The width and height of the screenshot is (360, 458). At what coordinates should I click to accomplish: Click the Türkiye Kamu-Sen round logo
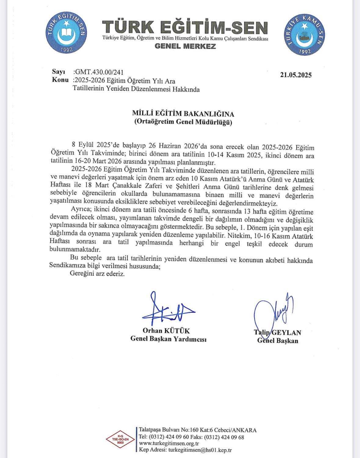point(304,34)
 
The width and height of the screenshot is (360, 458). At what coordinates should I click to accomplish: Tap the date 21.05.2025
point(296,75)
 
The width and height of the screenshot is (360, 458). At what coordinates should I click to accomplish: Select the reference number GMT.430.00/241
point(99,72)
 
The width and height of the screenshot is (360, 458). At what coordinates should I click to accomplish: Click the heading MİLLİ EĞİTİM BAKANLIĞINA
point(183,114)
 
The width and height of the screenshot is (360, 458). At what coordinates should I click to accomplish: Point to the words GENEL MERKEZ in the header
point(185,46)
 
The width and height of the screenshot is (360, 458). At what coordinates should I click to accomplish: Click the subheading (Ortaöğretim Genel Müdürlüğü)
point(183,122)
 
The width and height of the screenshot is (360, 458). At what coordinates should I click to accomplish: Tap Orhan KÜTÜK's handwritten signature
point(167,310)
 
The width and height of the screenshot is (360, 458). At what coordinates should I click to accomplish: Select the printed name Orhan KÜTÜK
point(166,331)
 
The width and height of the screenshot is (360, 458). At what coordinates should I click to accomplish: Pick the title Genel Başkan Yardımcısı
point(168,339)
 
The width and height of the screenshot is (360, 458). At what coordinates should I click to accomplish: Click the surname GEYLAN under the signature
point(286,333)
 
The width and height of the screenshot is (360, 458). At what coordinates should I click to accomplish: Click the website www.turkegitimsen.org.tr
point(169,443)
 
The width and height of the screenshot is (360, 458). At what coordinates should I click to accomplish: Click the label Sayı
point(59,72)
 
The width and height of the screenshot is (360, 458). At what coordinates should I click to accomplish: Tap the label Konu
point(60,80)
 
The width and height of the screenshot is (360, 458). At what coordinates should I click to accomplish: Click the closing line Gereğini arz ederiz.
point(97,274)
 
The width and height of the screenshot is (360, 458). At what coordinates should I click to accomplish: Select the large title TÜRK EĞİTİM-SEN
point(185,27)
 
